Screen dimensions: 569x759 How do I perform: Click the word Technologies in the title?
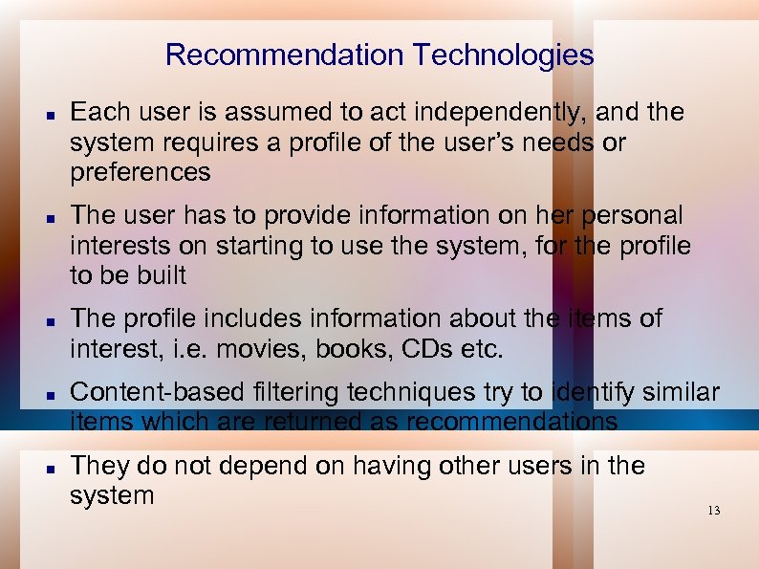click(x=505, y=55)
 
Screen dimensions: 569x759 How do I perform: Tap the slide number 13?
click(x=713, y=511)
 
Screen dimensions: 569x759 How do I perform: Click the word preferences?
click(x=140, y=172)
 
